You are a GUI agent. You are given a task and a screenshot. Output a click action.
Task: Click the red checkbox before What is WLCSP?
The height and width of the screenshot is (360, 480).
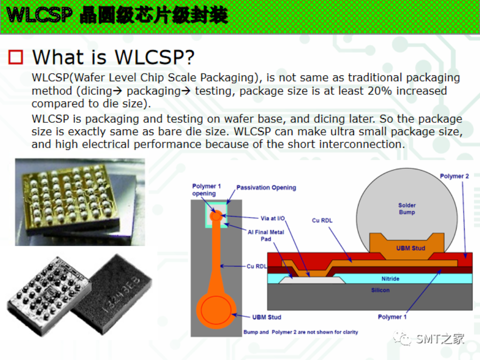pos(16,57)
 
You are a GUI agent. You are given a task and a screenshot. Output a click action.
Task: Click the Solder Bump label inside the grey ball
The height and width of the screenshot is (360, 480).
pos(407,209)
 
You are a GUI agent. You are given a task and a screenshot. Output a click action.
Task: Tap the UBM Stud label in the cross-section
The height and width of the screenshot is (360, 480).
pos(410,248)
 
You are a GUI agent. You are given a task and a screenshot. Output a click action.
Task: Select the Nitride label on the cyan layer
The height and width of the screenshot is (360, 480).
pos(390,278)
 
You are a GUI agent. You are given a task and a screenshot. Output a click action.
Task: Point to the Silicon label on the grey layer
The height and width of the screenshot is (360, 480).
pos(380,290)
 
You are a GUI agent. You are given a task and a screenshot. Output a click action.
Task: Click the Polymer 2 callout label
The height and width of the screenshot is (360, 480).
pos(454,176)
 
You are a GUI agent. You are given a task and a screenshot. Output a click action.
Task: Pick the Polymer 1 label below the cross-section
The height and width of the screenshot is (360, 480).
pos(392,317)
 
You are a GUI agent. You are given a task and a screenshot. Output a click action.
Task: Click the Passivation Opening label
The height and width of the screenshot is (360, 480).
pos(266,187)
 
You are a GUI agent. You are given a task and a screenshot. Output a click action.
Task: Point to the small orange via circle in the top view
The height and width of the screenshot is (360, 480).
pos(216,216)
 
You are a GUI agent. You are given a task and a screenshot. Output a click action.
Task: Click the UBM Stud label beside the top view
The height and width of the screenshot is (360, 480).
pos(266,317)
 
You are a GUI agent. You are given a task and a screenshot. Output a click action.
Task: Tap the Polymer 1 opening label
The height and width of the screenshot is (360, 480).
pos(206,190)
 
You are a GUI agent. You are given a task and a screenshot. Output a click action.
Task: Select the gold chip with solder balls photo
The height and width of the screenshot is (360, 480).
pos(80,202)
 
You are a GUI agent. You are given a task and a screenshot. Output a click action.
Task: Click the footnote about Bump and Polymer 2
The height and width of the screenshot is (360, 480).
pos(300,332)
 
